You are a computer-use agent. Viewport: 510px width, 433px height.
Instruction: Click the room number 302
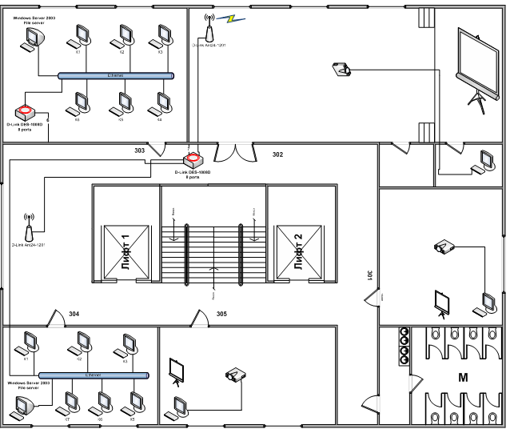click(278, 153)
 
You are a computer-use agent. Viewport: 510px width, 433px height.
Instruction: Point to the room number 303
click(140, 150)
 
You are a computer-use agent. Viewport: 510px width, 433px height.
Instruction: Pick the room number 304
click(74, 314)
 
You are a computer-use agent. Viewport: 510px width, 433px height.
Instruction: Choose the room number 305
click(222, 314)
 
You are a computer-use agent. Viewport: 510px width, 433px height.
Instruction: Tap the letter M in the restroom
click(462, 376)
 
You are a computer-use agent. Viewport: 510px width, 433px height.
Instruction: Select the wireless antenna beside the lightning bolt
click(209, 30)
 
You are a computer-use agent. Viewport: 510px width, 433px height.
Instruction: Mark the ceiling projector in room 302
click(341, 70)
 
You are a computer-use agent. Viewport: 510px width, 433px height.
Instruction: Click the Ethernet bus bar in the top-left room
click(116, 76)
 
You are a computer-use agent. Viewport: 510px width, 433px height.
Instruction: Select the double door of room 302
click(237, 151)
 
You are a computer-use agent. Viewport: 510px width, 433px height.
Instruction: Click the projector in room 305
click(236, 375)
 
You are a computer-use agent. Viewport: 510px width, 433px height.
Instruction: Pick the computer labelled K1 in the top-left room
click(81, 36)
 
